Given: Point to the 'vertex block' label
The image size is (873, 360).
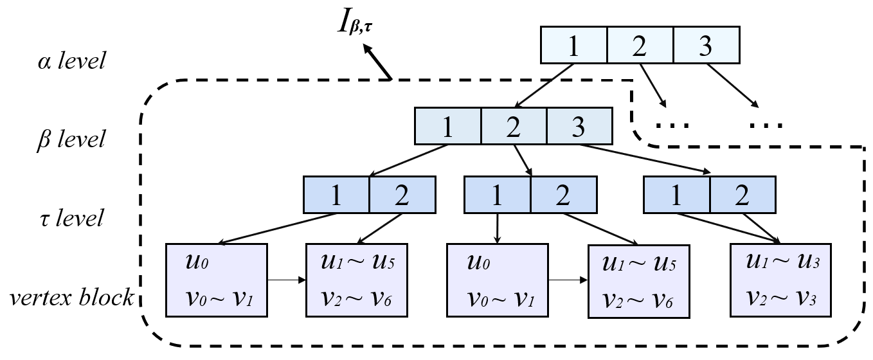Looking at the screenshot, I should [x=72, y=298].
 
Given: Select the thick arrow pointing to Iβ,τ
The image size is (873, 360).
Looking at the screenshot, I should [x=377, y=62].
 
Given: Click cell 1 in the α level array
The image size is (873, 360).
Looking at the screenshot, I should [x=573, y=45].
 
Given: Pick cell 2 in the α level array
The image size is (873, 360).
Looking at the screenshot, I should [x=640, y=45].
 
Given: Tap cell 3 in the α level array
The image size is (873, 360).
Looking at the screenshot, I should [x=706, y=45].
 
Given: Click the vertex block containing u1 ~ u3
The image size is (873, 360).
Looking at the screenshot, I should [x=780, y=280].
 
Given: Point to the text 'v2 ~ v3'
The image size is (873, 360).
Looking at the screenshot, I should [x=780, y=298].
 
